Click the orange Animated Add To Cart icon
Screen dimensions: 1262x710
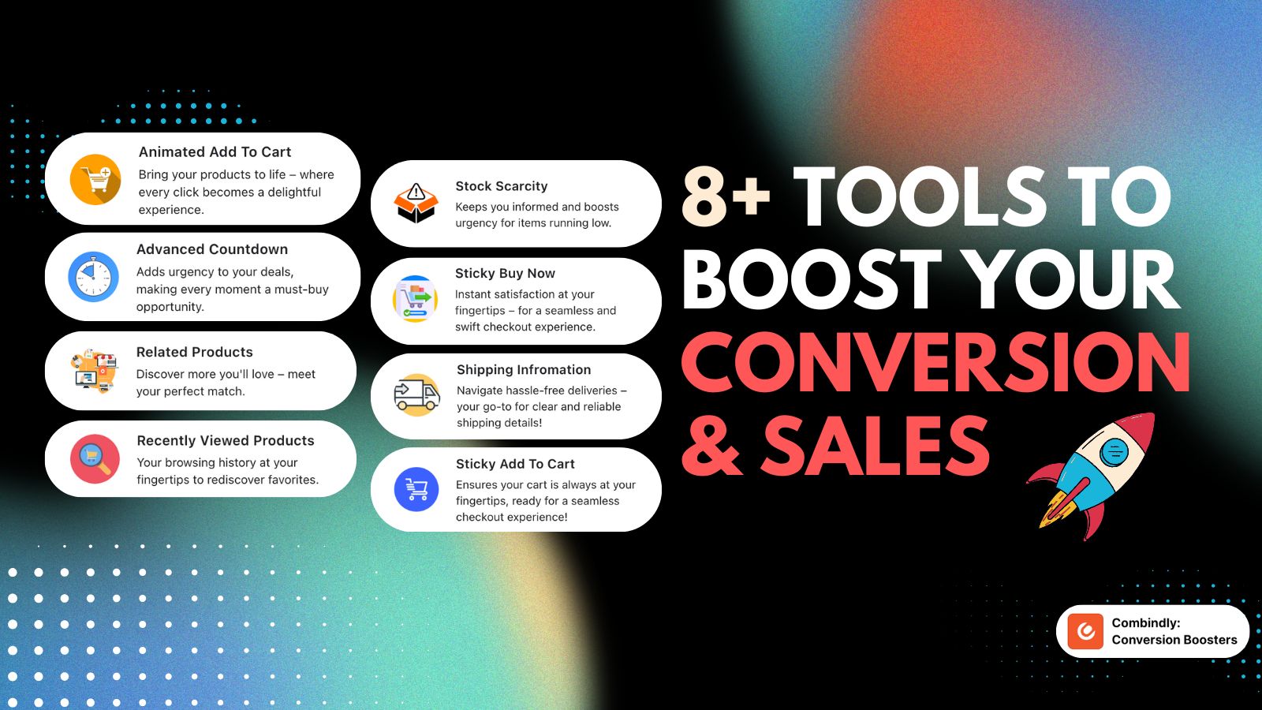[x=95, y=179]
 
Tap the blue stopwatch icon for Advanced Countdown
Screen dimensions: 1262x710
[x=93, y=276]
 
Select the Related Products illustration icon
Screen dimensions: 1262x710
[x=95, y=371]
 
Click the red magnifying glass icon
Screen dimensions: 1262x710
[x=95, y=458]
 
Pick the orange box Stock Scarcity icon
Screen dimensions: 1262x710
[x=416, y=203]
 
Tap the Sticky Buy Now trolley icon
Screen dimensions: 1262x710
[x=415, y=299]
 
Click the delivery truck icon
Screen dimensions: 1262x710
[x=417, y=395]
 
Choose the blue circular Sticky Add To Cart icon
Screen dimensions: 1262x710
[x=416, y=489]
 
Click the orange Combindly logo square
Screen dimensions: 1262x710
[x=1085, y=631]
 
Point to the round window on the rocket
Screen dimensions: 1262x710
[x=1114, y=451]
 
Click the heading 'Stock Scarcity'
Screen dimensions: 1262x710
[x=502, y=186]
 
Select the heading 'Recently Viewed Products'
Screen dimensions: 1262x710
[x=226, y=441]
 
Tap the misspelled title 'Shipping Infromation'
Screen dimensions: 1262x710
[x=524, y=370]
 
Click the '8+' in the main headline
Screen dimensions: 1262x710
[x=726, y=197]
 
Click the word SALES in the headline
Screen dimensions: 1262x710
[x=876, y=446]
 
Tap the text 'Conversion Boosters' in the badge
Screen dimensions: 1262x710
[x=1174, y=640]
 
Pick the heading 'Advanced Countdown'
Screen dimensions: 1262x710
[x=212, y=249]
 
